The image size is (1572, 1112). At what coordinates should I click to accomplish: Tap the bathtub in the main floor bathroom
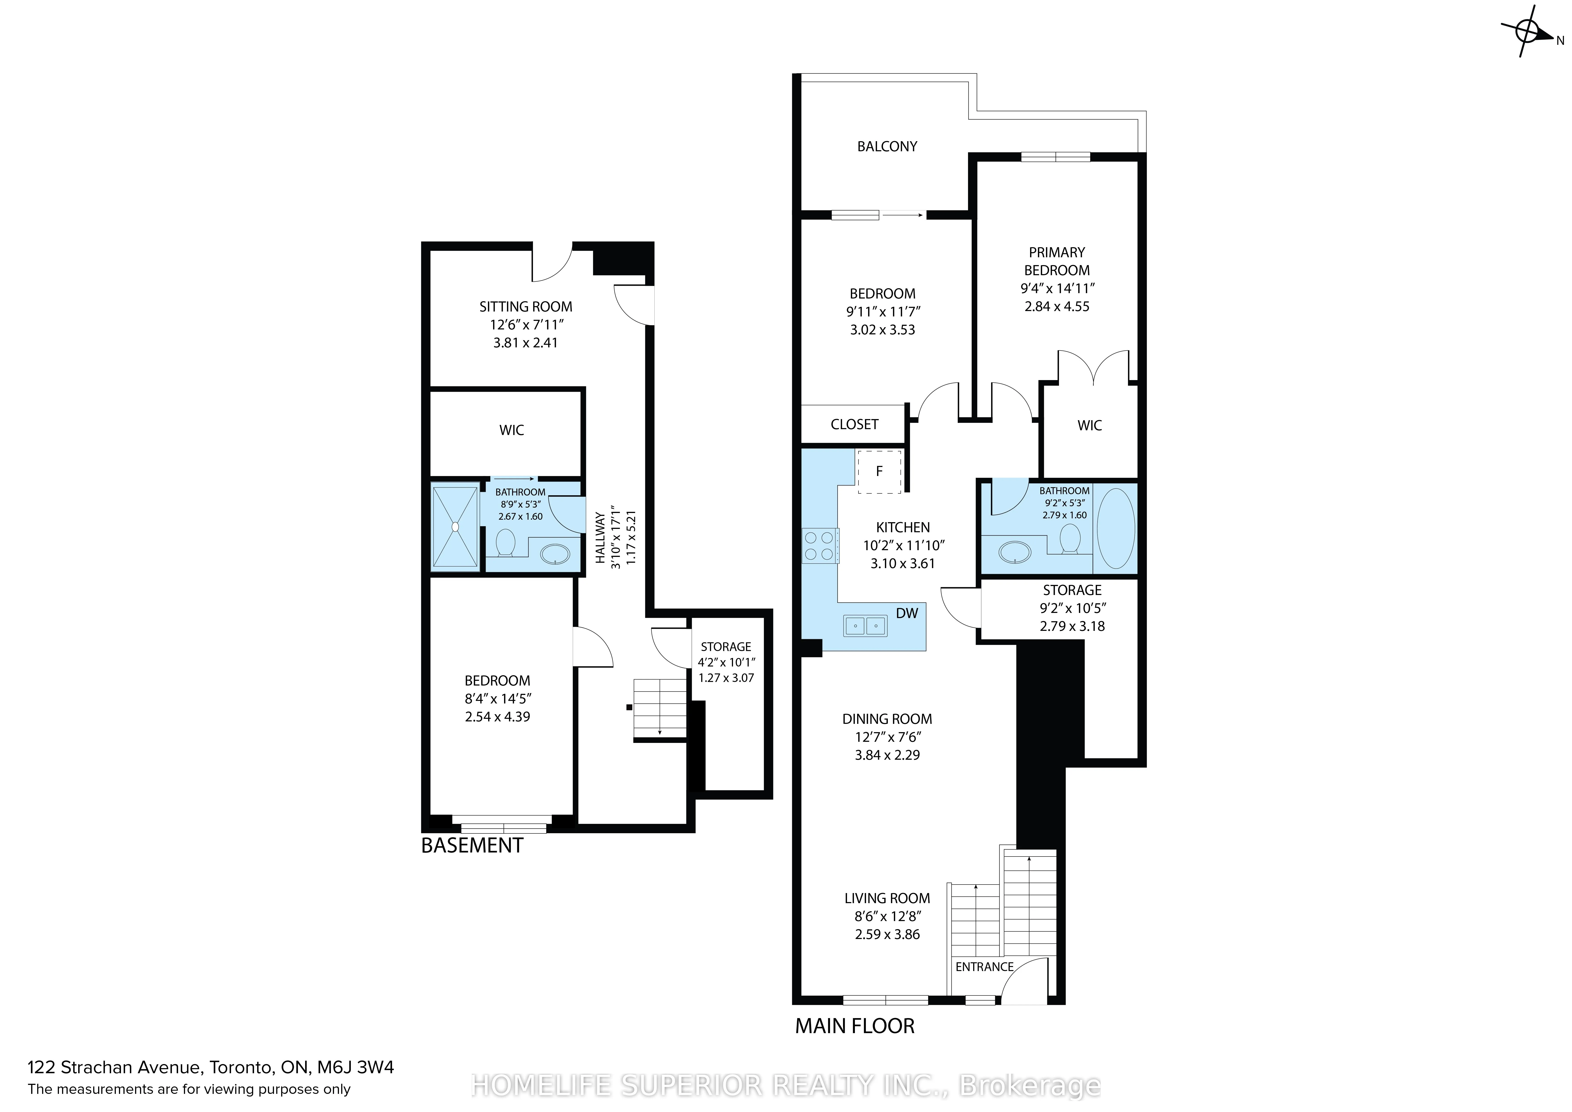(1115, 528)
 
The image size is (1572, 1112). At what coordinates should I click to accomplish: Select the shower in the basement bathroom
(455, 526)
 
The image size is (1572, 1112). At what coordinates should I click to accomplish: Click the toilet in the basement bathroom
(505, 542)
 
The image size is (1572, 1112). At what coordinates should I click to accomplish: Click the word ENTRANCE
(985, 967)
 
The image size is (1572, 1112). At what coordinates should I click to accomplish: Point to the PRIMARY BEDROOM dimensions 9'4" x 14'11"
(1057, 288)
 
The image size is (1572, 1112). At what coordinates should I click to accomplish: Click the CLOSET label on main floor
(854, 424)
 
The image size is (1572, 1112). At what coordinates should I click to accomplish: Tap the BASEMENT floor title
(472, 846)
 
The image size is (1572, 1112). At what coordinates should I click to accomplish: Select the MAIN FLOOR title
(854, 1026)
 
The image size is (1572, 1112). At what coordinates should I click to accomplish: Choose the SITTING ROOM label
(526, 307)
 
